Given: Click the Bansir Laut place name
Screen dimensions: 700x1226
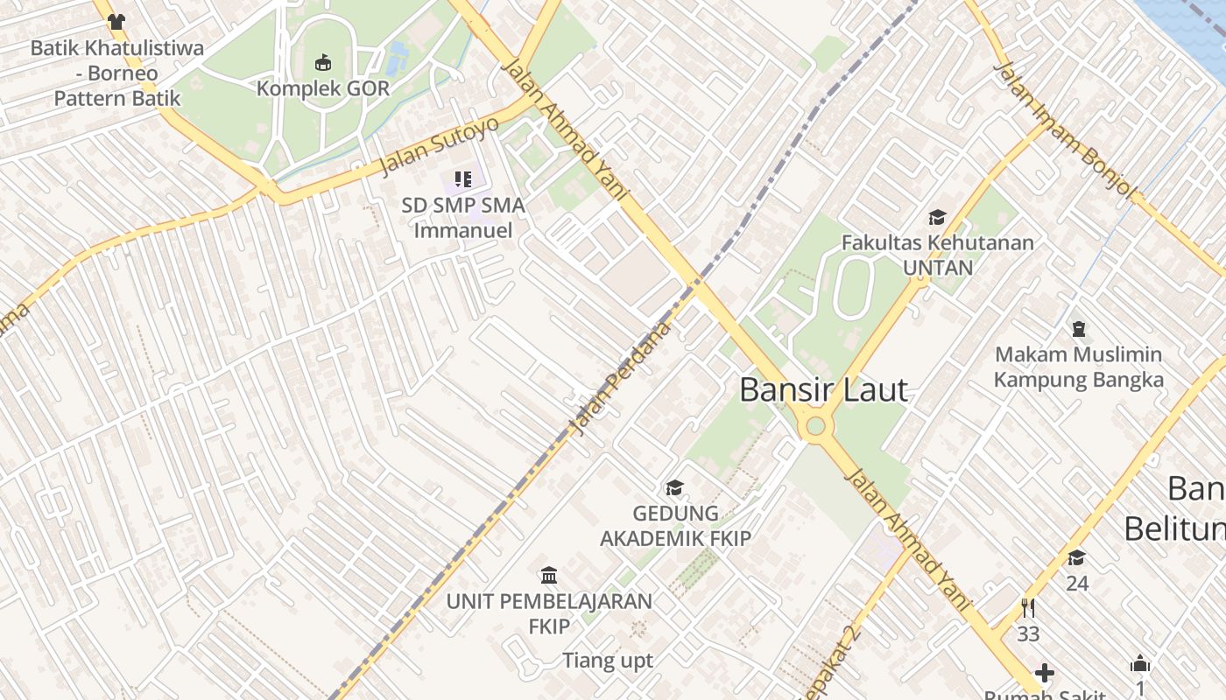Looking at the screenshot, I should click(x=823, y=390).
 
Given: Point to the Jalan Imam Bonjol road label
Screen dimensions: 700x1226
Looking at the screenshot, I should click(x=1065, y=130).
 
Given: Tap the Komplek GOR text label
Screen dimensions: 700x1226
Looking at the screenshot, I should click(x=323, y=88).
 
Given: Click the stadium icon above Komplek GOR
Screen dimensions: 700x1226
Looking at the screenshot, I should click(x=323, y=62).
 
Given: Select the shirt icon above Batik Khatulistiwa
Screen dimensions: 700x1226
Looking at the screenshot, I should click(x=116, y=22).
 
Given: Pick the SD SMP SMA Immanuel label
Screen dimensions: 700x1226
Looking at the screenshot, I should click(x=463, y=218).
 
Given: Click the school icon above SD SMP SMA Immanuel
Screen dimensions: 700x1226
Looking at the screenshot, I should click(x=463, y=179).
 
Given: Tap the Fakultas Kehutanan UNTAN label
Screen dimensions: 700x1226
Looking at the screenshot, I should click(x=937, y=255).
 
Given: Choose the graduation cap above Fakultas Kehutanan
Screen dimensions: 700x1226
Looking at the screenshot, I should click(x=937, y=217).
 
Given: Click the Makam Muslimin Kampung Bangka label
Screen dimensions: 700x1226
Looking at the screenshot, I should click(x=1078, y=367).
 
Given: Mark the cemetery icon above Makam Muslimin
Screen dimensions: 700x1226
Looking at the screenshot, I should click(x=1078, y=329).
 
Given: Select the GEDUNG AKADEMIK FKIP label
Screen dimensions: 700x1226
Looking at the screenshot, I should click(x=675, y=525).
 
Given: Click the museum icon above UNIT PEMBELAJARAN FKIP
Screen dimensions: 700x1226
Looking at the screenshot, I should click(x=549, y=575).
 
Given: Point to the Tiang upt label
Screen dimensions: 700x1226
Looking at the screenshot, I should click(x=608, y=661).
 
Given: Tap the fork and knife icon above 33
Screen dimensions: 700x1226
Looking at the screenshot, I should click(x=1028, y=607).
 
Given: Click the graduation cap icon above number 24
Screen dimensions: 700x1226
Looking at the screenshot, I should click(x=1076, y=557).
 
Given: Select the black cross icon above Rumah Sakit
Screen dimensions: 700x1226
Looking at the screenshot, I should click(x=1044, y=673).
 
